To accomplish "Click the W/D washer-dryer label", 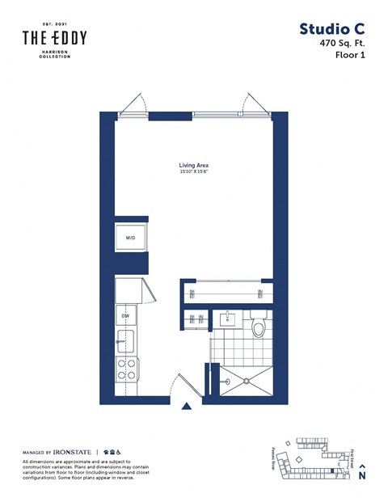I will (x=130, y=238).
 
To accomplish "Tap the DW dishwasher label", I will (x=126, y=315).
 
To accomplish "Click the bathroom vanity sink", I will (x=228, y=318).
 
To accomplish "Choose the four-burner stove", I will (x=128, y=369).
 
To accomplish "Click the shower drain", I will (x=243, y=379).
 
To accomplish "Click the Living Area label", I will (x=194, y=165).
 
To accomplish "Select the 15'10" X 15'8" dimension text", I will (x=194, y=172).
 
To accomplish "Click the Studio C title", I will (x=331, y=29).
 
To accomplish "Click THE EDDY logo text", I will (x=54, y=38).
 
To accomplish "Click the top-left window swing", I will (x=133, y=103).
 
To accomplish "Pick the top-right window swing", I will (x=254, y=103).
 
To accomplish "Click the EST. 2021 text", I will (x=54, y=24).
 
